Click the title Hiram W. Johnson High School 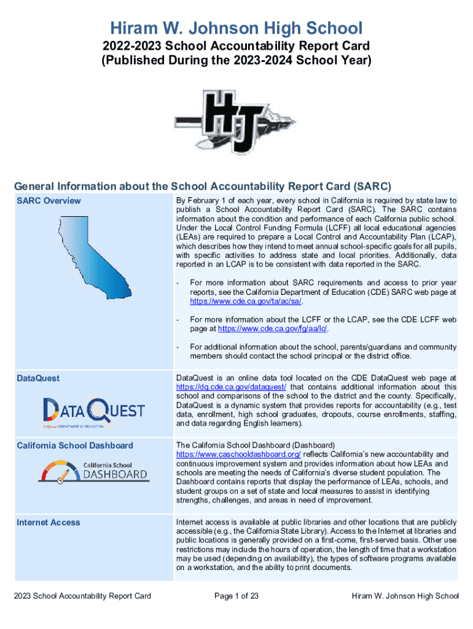coord(236,28)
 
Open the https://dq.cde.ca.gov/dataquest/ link coord(231,387)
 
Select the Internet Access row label coord(49,522)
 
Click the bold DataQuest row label coord(38,378)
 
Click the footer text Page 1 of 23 coord(237,596)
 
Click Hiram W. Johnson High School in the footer coord(405,596)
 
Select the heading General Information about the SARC coord(203,186)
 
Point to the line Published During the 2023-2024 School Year coord(236,61)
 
